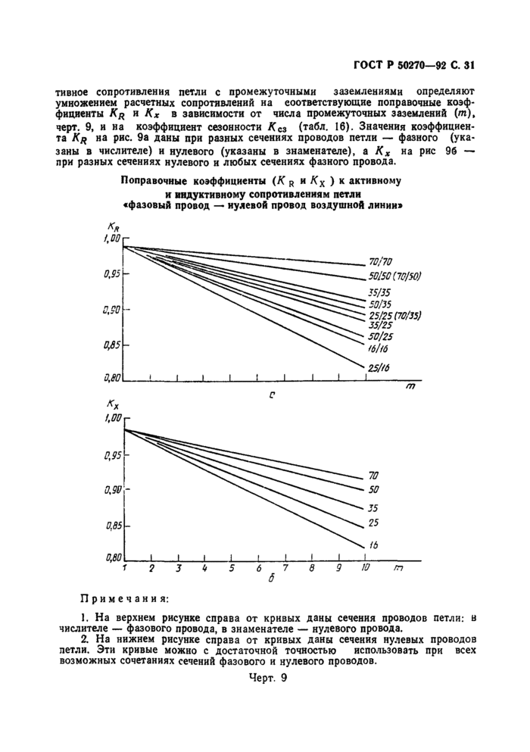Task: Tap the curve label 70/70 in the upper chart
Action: point(380,261)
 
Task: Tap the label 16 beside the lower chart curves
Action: point(373,545)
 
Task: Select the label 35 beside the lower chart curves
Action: point(373,507)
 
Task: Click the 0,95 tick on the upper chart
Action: point(113,274)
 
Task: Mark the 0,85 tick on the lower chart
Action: point(113,524)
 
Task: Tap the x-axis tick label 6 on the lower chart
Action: point(258,568)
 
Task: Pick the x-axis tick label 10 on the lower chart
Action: point(366,567)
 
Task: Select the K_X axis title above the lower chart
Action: point(114,406)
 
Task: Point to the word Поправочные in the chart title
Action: point(156,181)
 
